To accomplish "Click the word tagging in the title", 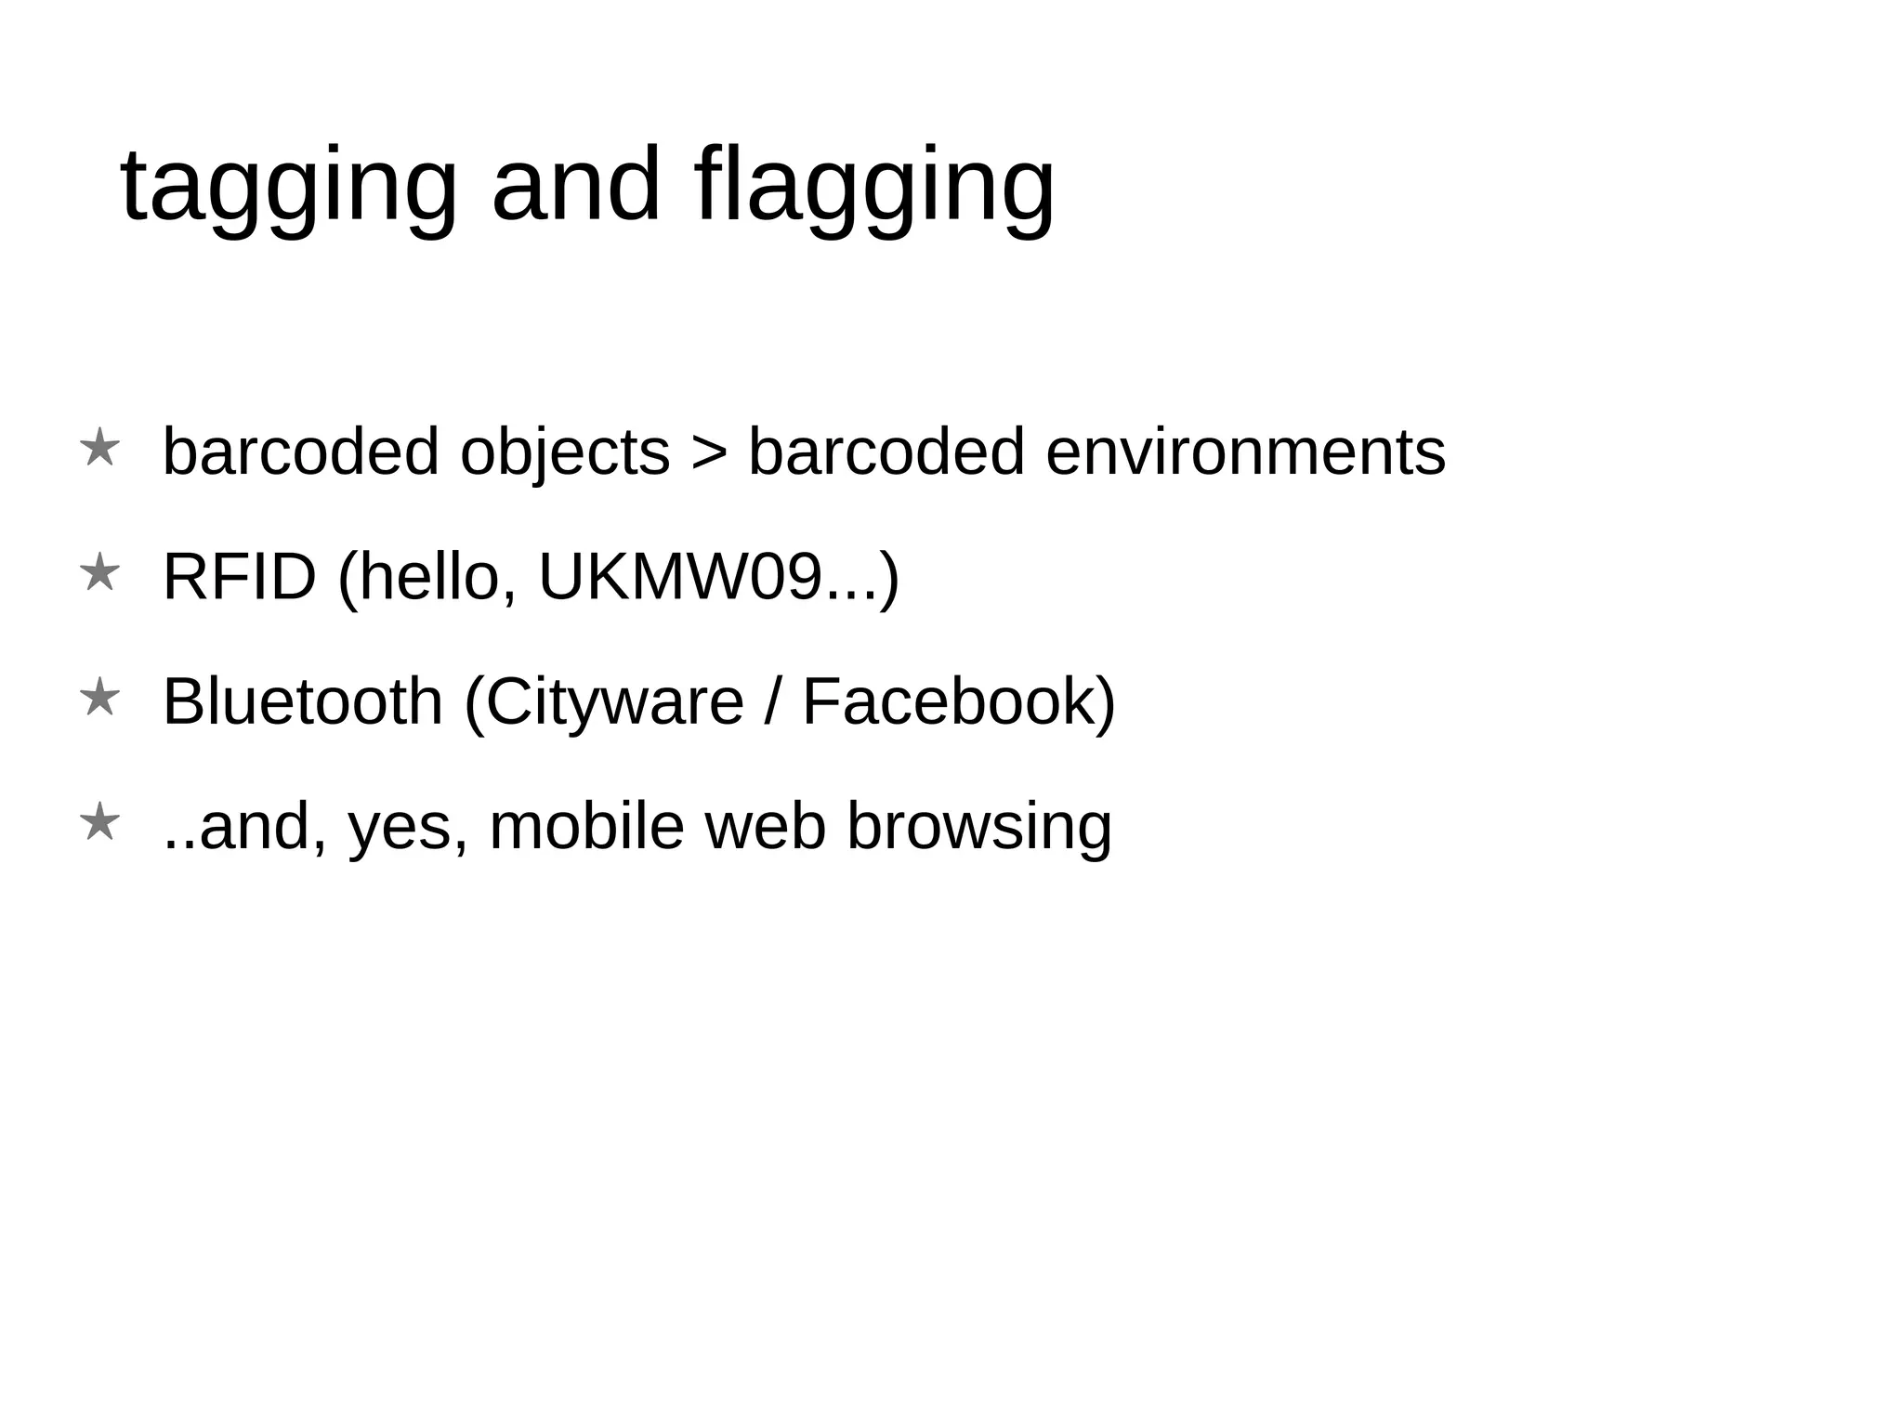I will (289, 187).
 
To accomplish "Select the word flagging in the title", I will (873, 187).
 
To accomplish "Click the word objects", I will (565, 453).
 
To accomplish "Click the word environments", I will (1245, 453).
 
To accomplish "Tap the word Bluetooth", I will (303, 702).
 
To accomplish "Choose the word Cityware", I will (614, 702).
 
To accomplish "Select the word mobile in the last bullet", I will (586, 827).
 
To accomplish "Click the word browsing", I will (979, 827).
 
